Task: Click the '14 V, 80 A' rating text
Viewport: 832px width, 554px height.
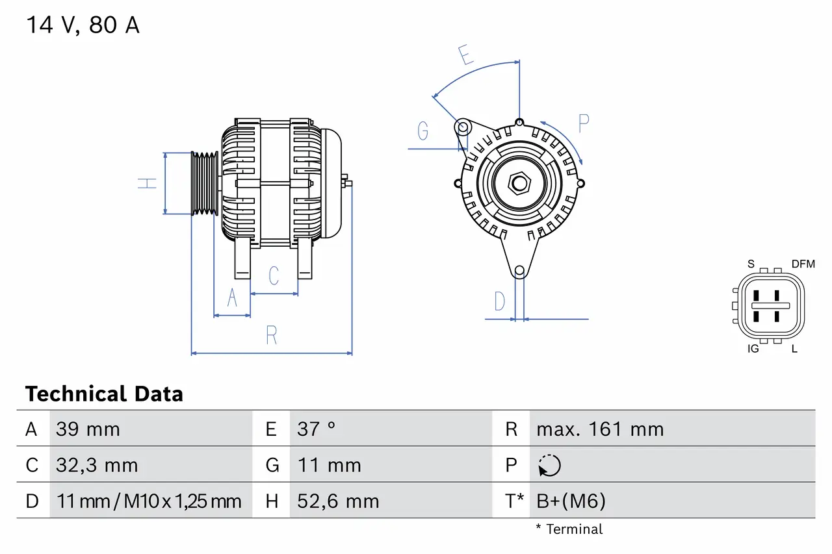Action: click(x=83, y=25)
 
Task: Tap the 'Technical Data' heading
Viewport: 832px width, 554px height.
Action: click(x=104, y=394)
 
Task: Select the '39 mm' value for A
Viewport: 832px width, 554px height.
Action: click(x=88, y=429)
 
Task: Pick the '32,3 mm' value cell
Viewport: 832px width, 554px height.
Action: click(x=97, y=466)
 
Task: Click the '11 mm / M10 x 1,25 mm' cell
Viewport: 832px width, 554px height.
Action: click(x=149, y=501)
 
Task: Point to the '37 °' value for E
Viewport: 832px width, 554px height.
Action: click(x=317, y=429)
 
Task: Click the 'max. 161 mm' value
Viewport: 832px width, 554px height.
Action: click(x=600, y=429)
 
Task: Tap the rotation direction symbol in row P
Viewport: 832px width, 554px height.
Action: click(x=549, y=466)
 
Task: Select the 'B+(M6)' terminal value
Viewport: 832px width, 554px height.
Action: click(x=571, y=501)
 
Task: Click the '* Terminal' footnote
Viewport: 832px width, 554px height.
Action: click(x=569, y=529)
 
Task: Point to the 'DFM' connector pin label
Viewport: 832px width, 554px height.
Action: click(x=803, y=264)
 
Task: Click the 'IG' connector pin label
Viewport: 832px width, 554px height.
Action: click(x=753, y=349)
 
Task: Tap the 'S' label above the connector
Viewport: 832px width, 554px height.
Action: click(x=751, y=264)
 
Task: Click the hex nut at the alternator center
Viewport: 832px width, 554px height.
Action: click(x=519, y=183)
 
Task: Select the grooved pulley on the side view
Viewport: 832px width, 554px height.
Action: click(x=204, y=183)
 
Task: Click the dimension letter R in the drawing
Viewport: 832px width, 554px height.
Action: click(x=272, y=335)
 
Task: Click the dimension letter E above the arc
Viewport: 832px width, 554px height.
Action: click(x=465, y=56)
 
